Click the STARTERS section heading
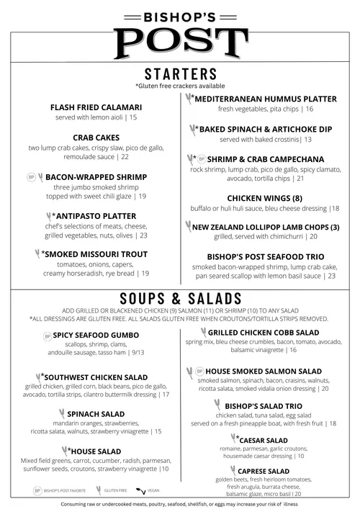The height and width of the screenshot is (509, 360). [x=180, y=75]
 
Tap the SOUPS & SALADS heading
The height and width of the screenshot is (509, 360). [x=180, y=299]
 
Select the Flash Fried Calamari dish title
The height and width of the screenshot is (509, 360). [x=96, y=107]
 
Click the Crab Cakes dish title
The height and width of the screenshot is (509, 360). [x=96, y=137]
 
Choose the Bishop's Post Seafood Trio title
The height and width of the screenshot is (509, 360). [x=265, y=256]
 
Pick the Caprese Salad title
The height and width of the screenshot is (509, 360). [x=263, y=472]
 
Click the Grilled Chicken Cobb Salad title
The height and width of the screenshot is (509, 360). [x=263, y=333]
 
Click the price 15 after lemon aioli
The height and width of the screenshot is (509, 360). [x=133, y=117]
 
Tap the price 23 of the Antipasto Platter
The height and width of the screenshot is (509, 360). [x=143, y=235]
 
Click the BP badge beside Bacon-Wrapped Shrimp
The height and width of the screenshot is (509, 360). [x=31, y=176]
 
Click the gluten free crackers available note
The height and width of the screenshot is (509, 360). [x=180, y=86]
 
